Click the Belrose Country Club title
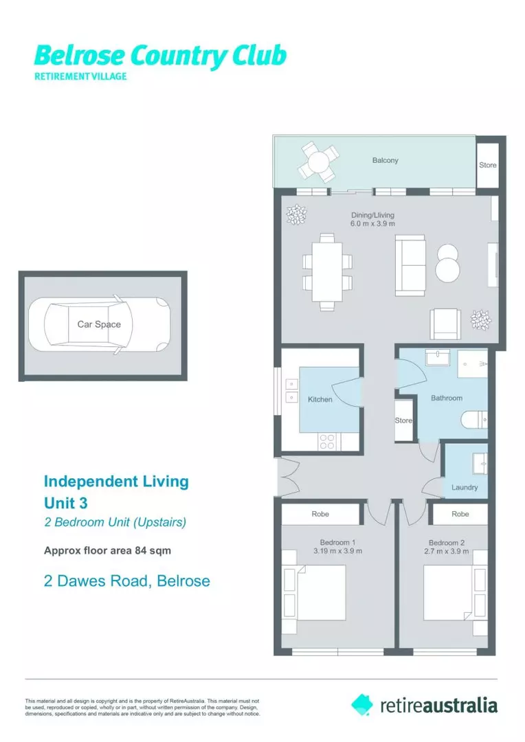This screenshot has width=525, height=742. (x=159, y=56)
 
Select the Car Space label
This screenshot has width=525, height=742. (x=99, y=324)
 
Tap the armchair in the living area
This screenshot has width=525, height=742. (x=445, y=324)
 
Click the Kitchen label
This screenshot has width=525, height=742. (x=320, y=399)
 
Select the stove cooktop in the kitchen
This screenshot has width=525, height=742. (x=327, y=442)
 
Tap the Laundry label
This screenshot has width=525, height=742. (x=465, y=487)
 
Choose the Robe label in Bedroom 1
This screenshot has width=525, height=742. (x=320, y=514)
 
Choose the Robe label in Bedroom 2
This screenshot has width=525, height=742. (x=460, y=514)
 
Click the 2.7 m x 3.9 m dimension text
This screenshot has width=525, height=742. (x=446, y=551)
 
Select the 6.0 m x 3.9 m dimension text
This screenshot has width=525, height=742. (x=372, y=224)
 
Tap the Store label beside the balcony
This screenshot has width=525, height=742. (x=488, y=166)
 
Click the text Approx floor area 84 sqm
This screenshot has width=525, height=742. (x=107, y=550)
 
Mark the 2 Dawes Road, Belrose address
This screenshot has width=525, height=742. (x=126, y=581)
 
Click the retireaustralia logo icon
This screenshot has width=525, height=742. (x=362, y=704)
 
